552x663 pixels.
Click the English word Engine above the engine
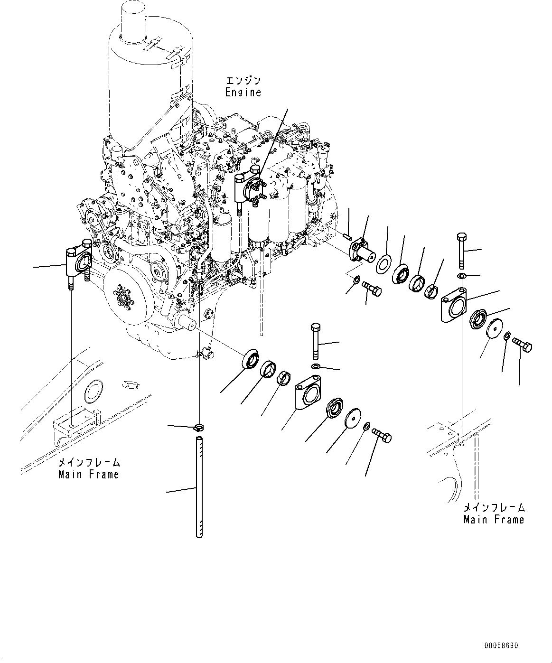tap(243, 92)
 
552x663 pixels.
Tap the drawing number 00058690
tap(501, 646)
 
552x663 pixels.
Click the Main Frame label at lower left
tap(88, 474)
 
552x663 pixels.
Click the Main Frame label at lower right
tap(494, 519)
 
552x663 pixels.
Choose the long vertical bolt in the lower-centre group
tap(316, 341)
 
